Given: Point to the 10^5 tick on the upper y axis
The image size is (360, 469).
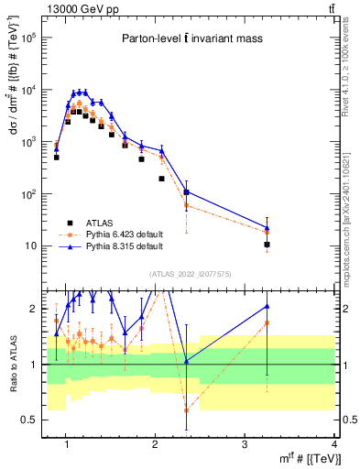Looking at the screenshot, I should click(49, 38).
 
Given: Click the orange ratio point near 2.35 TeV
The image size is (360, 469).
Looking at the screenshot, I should click(186, 409).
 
